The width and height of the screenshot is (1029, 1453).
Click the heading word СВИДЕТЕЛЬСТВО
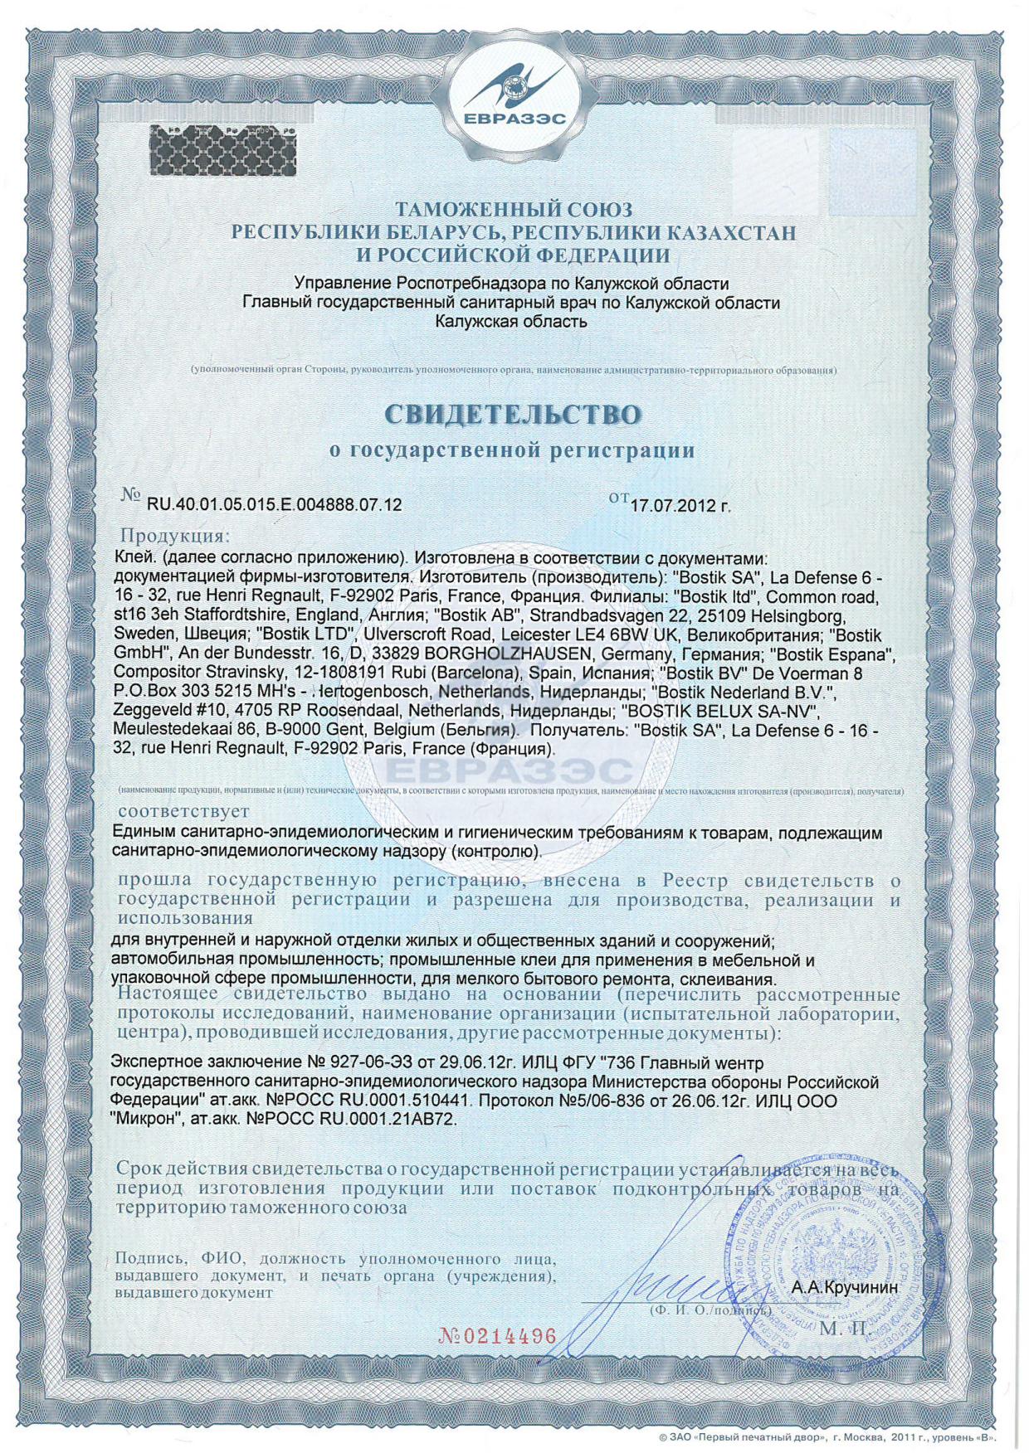pos(514,415)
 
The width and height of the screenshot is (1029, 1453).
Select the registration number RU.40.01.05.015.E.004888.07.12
pos(274,504)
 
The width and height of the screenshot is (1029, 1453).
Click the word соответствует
pos(183,810)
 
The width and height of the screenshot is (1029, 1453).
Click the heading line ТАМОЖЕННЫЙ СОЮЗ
pos(514,210)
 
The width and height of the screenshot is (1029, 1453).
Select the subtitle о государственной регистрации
pos(511,450)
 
